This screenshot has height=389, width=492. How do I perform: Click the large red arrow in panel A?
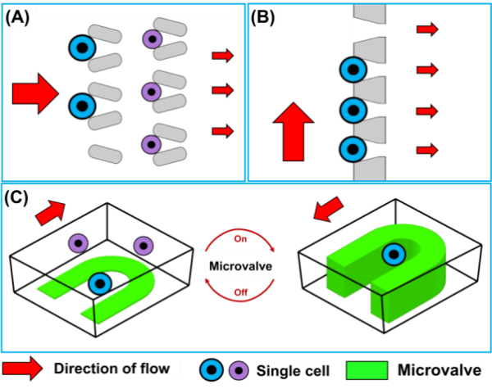click(35, 93)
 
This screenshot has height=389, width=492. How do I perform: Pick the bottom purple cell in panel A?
click(151, 145)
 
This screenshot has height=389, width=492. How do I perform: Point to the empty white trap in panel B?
click(367, 30)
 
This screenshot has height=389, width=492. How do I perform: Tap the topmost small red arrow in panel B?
click(427, 30)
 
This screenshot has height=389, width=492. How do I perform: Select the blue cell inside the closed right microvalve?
click(394, 255)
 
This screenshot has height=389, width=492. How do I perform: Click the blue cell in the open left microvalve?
click(101, 284)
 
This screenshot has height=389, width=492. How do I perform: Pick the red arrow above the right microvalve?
click(327, 209)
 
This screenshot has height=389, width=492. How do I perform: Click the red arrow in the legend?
click(22, 368)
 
